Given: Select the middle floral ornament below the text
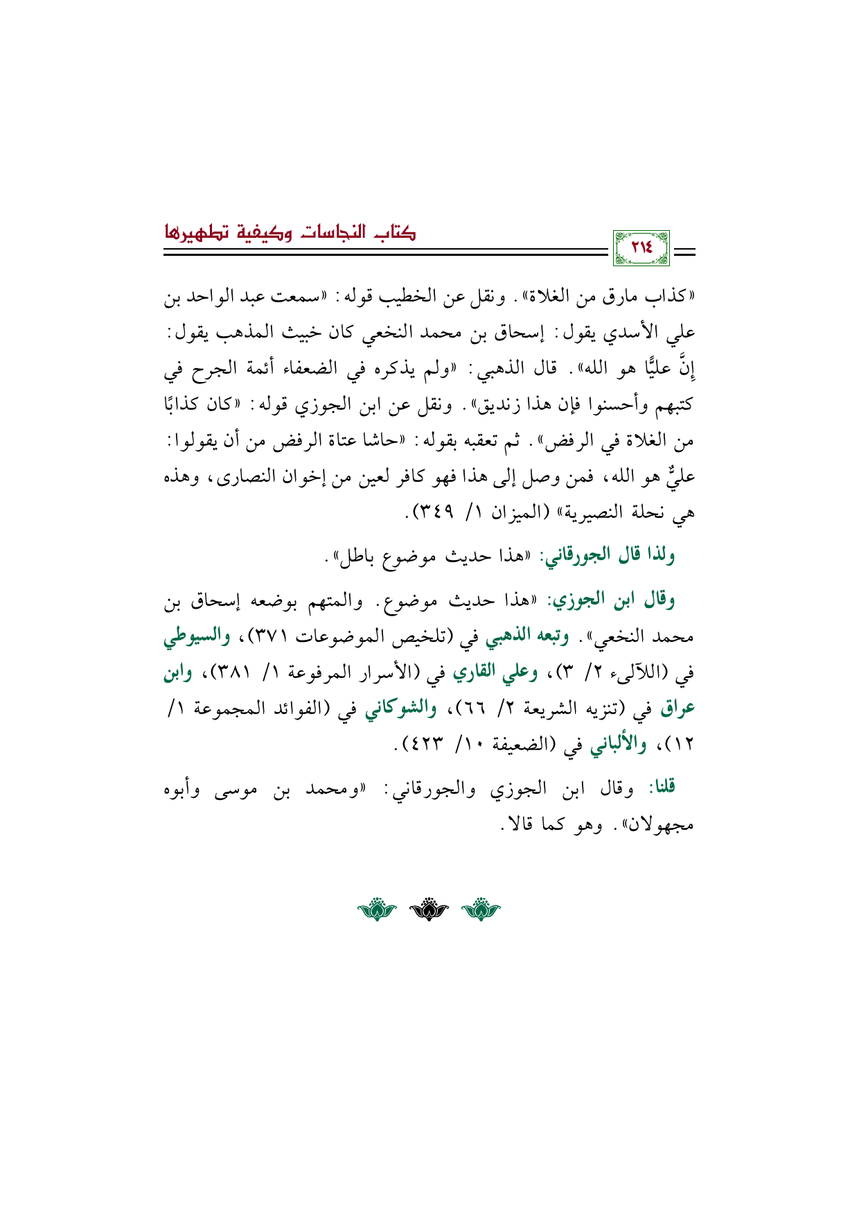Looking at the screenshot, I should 429,909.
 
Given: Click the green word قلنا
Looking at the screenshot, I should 662,788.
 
